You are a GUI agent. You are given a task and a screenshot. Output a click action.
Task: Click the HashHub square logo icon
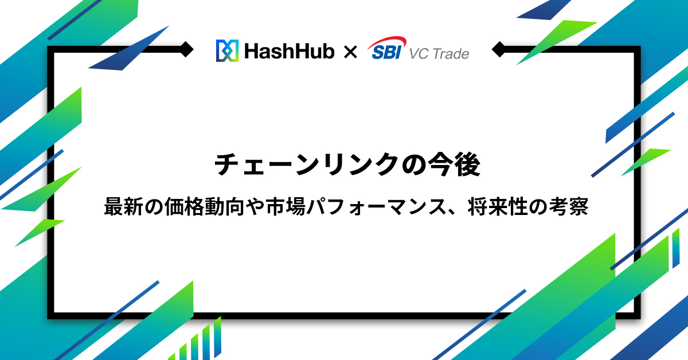(227, 50)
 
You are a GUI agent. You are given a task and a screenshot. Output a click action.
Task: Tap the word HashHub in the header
(290, 51)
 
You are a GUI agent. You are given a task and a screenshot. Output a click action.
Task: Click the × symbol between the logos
(350, 52)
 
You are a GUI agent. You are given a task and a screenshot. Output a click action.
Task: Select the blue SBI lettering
(386, 52)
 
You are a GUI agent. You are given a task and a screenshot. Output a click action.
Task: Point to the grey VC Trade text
(439, 54)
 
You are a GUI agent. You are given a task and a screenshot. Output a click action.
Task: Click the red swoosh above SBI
(387, 42)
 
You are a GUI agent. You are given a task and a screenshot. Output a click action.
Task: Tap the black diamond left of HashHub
(186, 49)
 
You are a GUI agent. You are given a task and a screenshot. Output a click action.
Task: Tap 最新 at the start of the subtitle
(123, 206)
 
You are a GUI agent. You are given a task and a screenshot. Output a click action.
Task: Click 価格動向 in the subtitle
(204, 206)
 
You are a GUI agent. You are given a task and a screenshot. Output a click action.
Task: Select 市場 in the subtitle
(286, 206)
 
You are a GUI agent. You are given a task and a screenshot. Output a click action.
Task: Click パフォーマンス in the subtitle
(377, 206)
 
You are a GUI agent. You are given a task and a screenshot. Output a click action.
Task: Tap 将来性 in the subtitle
(498, 206)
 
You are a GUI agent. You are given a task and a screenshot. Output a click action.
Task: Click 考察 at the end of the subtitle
(569, 206)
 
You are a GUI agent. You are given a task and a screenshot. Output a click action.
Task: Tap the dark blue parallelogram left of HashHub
(129, 48)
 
